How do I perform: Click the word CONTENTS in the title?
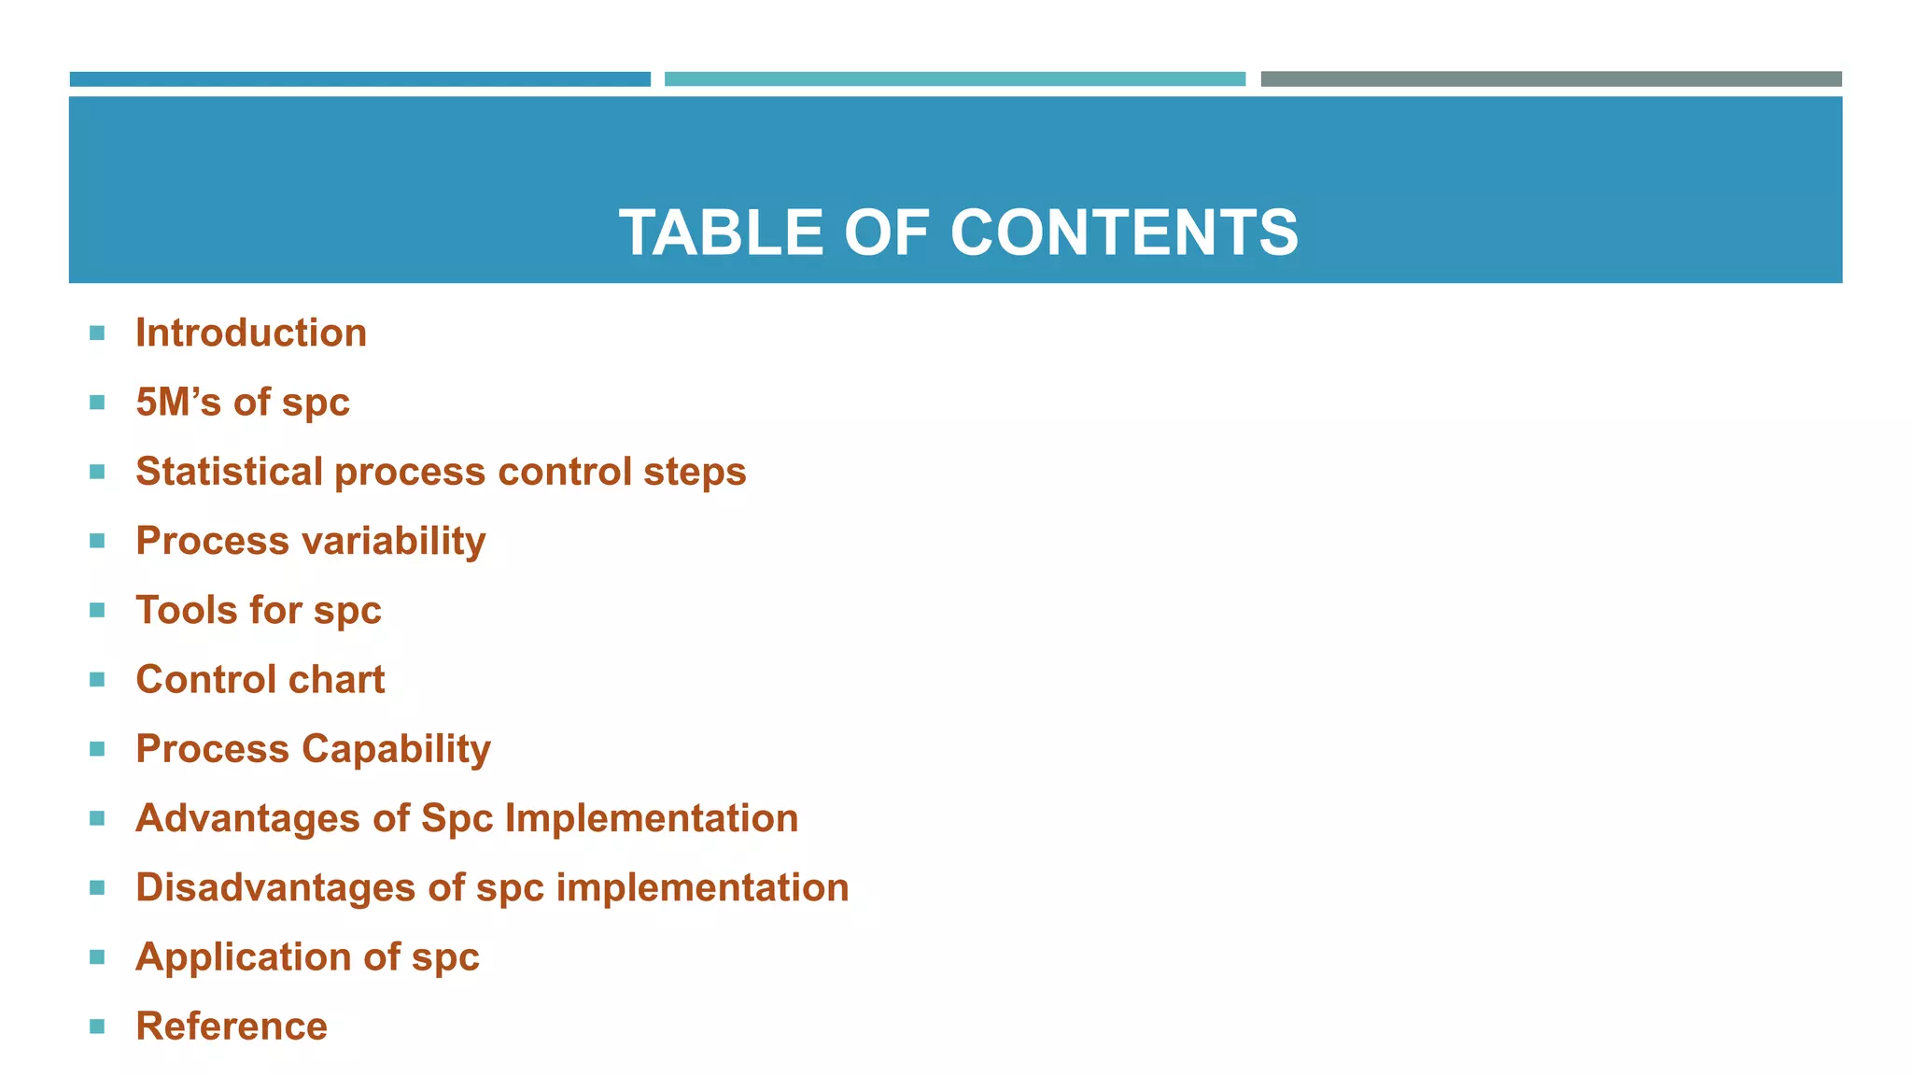pos(1124,233)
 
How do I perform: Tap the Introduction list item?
pos(251,333)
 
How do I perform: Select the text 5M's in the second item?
pos(177,403)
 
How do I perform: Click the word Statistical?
pos(229,472)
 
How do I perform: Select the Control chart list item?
pos(260,680)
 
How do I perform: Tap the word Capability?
pos(396,749)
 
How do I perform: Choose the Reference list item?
pos(232,1026)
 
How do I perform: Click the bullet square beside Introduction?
pos(97,333)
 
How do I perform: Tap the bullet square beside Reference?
pos(97,1026)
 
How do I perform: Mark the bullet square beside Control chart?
pos(97,680)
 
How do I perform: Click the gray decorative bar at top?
pos(1551,79)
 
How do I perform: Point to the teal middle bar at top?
pos(954,79)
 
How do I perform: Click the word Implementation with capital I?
pos(652,818)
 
